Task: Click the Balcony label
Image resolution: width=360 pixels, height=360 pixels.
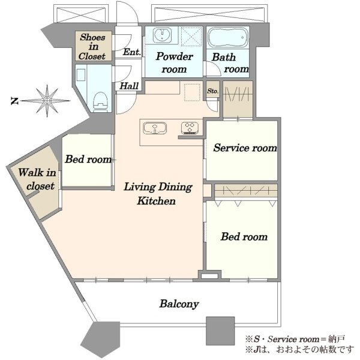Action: coord(179,304)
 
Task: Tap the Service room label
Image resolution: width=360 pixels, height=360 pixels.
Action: coord(245,148)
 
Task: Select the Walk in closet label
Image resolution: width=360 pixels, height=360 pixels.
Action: coord(37,179)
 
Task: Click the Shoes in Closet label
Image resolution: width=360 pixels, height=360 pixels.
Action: coord(92,47)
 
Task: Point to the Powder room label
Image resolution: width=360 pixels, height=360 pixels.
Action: coord(174,62)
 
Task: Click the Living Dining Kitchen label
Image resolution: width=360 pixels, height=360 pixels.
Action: coord(158,194)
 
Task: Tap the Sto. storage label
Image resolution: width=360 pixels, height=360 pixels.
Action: coord(212,91)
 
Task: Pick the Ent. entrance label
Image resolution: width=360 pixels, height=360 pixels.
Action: coord(132,52)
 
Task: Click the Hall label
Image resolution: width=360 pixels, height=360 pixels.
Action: coord(129,86)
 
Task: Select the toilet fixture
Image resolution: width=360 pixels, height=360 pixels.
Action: coord(101,101)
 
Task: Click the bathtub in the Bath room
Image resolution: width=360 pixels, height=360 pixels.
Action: coord(227,37)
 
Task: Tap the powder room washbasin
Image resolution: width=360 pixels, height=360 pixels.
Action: coord(163,35)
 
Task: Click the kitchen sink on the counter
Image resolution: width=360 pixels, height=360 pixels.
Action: coord(155,128)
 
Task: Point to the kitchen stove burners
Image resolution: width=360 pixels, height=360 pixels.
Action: coord(190,128)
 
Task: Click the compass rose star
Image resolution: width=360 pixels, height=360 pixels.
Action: coord(47,101)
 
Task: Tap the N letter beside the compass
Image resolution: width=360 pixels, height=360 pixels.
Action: coord(14,101)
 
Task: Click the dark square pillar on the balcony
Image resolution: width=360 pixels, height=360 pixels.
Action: coord(220,331)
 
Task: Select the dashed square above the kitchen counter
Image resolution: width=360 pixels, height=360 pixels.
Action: coord(192,92)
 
